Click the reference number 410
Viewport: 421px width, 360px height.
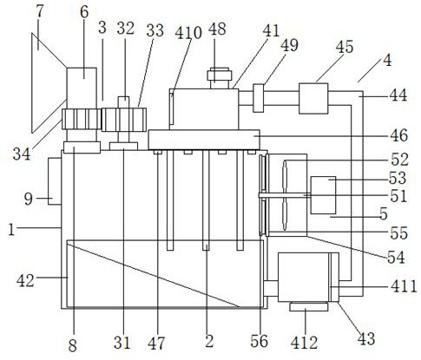click(x=188, y=33)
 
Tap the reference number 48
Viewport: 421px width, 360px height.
click(x=217, y=29)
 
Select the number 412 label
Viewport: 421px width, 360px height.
click(x=304, y=343)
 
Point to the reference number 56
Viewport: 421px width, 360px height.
click(x=260, y=341)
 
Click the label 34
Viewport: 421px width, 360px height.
click(x=22, y=154)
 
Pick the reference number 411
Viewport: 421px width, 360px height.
click(x=404, y=286)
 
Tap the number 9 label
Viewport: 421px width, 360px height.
click(x=29, y=199)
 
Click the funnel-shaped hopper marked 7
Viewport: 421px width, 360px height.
click(x=49, y=83)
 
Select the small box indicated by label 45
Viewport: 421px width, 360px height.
click(x=313, y=98)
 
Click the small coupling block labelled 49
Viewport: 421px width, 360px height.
click(x=259, y=98)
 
